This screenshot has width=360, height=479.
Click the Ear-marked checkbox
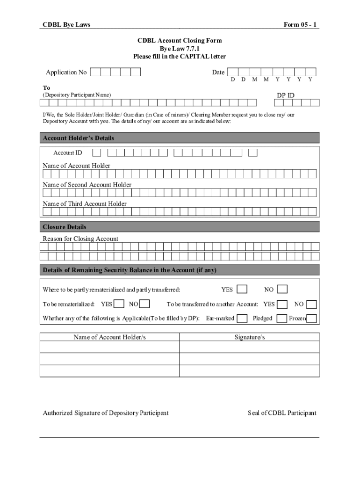(242, 319)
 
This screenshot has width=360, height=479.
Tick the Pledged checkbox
(281, 319)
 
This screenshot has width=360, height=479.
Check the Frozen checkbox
(311, 319)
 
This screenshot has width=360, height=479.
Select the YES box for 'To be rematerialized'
(119, 304)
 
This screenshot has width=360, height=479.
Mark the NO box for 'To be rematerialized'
(144, 304)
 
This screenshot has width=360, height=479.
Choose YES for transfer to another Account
(282, 304)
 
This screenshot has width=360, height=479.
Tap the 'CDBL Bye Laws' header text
(66, 25)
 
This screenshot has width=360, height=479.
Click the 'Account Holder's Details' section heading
(79, 138)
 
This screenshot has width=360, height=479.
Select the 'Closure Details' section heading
(65, 227)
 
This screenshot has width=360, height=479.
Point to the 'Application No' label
(66, 73)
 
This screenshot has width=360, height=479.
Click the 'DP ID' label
(286, 95)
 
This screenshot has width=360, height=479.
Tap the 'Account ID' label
(68, 152)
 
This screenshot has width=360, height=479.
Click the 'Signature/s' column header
(250, 337)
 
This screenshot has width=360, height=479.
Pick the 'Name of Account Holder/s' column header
(110, 337)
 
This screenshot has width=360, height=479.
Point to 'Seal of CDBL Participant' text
(282, 413)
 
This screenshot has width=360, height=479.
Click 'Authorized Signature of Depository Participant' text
(106, 413)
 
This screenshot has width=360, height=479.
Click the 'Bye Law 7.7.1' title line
(180, 49)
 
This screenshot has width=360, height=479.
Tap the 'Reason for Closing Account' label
(80, 239)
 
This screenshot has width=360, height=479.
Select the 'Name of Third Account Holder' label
(85, 204)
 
